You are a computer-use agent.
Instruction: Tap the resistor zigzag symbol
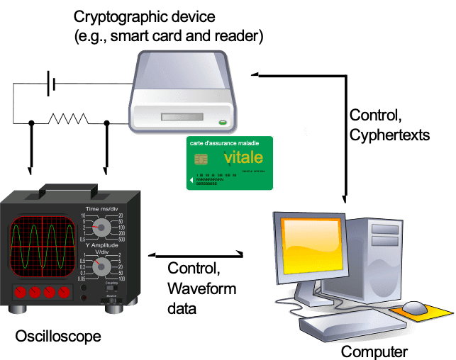pyautogui.click(x=69, y=122)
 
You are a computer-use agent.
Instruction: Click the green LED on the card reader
pyautogui.click(x=223, y=122)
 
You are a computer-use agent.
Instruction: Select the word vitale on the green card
pyautogui.click(x=243, y=157)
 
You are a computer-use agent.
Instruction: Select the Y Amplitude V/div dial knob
pyautogui.click(x=102, y=266)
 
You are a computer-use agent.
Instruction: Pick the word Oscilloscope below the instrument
pyautogui.click(x=57, y=335)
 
